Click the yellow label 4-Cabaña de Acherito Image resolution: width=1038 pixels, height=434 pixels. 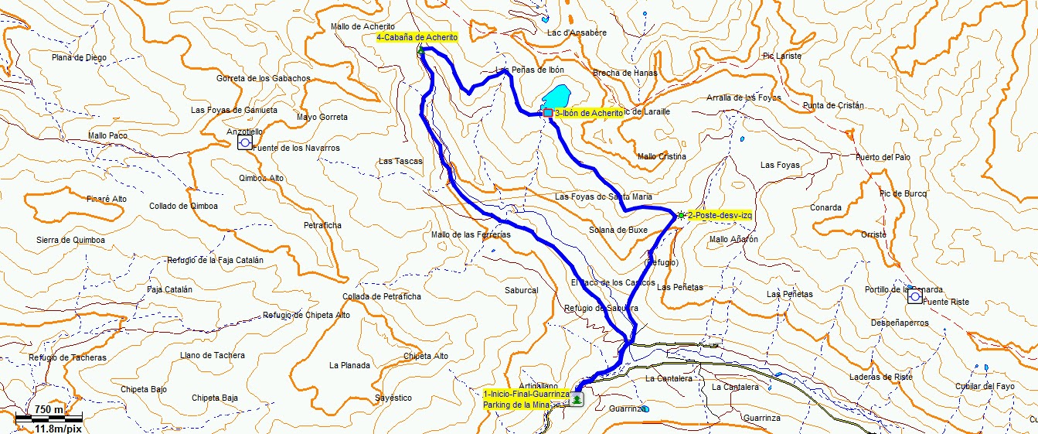[417, 37]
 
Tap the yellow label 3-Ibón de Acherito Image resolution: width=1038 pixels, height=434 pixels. [588, 113]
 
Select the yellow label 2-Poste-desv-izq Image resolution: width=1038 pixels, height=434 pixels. [719, 215]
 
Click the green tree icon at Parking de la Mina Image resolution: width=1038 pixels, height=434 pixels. [577, 398]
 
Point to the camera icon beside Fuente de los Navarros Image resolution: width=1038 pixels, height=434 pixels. [245, 143]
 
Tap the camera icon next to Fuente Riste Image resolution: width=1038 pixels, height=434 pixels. [914, 296]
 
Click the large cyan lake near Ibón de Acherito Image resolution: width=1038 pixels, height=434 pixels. [556, 97]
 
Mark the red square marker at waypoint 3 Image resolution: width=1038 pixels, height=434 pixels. [548, 113]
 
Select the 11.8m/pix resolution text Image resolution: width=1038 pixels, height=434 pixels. [59, 428]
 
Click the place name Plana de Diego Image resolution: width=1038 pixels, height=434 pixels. [79, 57]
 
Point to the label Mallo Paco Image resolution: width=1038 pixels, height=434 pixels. [107, 135]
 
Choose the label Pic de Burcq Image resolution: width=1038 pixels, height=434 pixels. [904, 193]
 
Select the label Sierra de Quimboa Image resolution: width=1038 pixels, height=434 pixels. [70, 240]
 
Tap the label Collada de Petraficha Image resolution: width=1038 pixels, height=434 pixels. [382, 296]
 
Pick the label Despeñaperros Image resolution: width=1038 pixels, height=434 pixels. [900, 323]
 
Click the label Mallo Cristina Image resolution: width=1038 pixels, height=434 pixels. [662, 156]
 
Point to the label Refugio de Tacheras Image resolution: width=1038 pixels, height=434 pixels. [67, 357]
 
